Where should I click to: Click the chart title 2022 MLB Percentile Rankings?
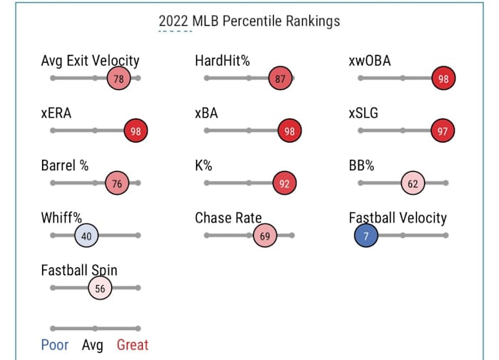pos(249,21)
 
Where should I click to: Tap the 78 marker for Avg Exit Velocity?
pos(118,78)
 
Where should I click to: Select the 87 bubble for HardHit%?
pos(280,78)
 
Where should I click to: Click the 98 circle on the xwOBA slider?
pos(443,78)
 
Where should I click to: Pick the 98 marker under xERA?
pos(135,131)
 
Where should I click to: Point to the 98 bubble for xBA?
pos(289,131)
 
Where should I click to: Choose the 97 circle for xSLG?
pos(443,131)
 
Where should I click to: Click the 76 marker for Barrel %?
pos(117,183)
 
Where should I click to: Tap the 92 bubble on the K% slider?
pos(284,183)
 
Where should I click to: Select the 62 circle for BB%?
pos(412,183)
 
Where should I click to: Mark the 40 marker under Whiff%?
pos(86,236)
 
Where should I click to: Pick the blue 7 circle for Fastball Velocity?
pos(366,236)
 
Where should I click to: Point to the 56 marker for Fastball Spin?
pos(100,289)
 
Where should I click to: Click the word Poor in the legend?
pos(55,345)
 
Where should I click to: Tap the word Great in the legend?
pos(133,345)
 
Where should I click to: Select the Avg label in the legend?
pos(93,345)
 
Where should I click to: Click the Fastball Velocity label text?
pos(398,218)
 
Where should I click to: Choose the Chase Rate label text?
pos(228,218)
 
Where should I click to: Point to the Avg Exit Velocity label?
pos(91,61)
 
